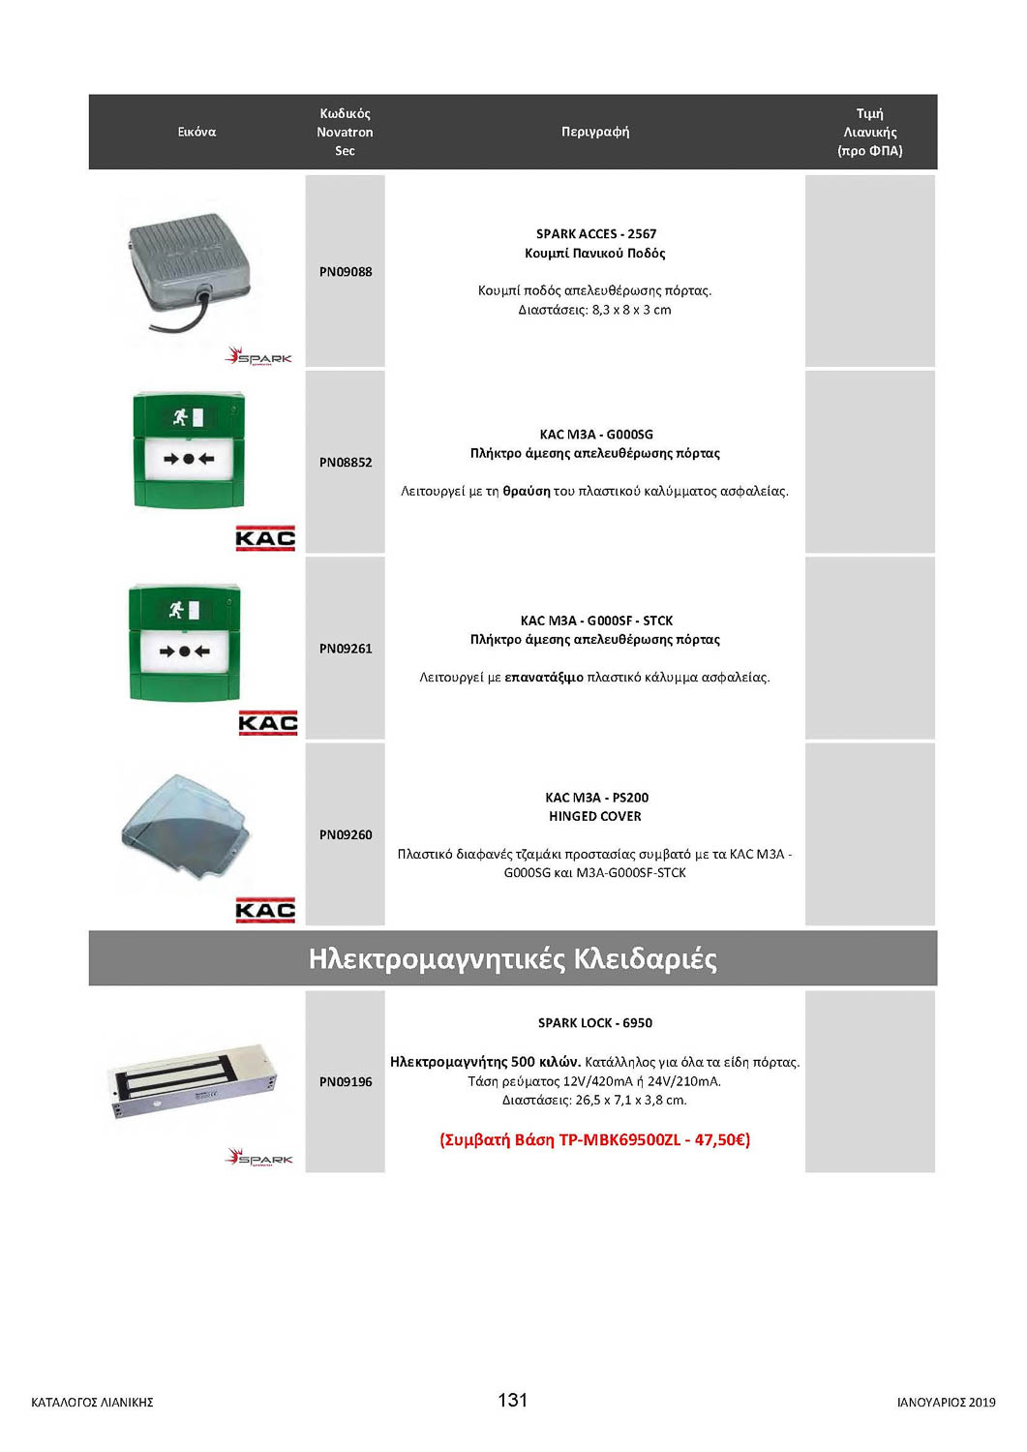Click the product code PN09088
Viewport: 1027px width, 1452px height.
click(x=346, y=272)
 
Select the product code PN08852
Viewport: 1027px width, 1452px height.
click(x=346, y=463)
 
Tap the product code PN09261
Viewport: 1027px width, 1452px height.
click(x=346, y=649)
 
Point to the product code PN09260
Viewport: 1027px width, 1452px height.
click(x=346, y=834)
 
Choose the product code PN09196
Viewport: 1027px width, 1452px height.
click(x=346, y=1081)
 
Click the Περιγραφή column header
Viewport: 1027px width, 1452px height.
click(x=595, y=132)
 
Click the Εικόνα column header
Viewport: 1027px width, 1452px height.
click(x=196, y=132)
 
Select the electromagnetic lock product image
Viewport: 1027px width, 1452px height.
click(x=195, y=1082)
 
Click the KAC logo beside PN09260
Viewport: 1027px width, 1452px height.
click(x=265, y=910)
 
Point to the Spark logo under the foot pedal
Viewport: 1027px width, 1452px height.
click(x=259, y=357)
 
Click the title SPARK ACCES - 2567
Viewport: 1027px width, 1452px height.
click(x=596, y=234)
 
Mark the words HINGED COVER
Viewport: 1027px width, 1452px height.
click(x=595, y=816)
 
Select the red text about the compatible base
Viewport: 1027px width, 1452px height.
click(x=594, y=1139)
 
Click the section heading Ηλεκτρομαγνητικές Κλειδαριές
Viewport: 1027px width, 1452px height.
click(x=512, y=958)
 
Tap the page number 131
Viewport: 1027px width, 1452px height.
click(x=512, y=1400)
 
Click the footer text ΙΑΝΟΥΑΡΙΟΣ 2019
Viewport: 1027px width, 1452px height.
click(x=946, y=1402)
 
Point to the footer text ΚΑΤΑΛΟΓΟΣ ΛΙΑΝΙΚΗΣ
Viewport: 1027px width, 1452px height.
click(x=92, y=1402)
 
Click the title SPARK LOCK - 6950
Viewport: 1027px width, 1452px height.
click(x=595, y=1023)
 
